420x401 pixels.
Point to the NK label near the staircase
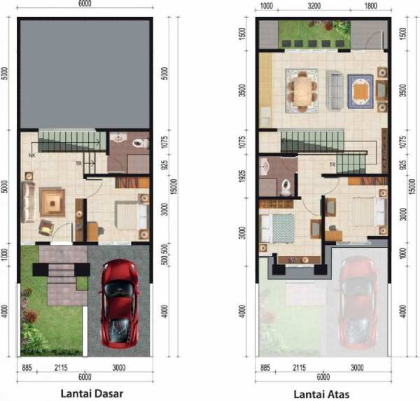tap(32, 155)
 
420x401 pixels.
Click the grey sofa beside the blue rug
tap(335, 90)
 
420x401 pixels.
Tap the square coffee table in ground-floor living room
tap(52, 203)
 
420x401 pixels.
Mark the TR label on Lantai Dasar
tap(80, 164)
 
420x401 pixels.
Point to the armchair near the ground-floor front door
tap(45, 227)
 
